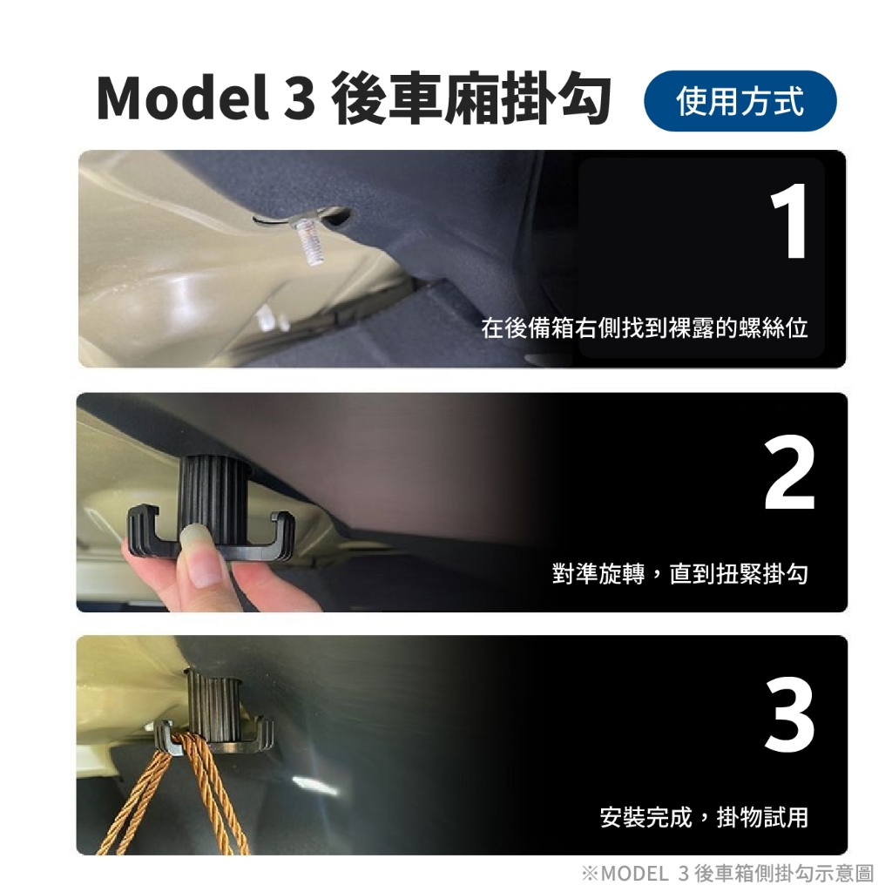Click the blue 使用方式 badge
tap(740, 101)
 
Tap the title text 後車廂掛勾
tap(471, 98)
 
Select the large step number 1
tap(789, 221)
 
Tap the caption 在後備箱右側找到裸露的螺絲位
tap(645, 328)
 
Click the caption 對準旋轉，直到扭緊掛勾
tap(679, 573)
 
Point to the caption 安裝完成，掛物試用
tap(704, 817)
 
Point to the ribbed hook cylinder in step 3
tap(213, 704)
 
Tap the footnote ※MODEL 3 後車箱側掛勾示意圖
tap(727, 873)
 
